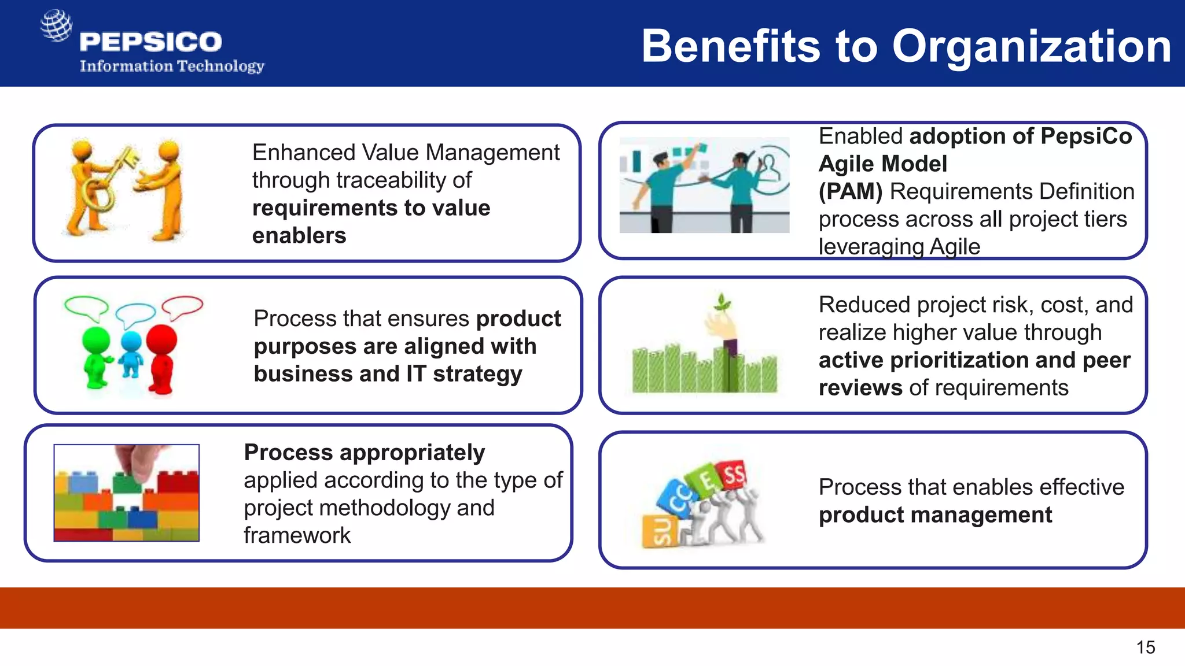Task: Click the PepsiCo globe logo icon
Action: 56,25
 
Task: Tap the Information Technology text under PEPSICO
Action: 172,66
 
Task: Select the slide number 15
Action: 1145,647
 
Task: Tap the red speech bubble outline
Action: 182,306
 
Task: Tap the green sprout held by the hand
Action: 722,302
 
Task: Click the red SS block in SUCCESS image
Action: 731,475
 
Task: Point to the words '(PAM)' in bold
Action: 850,191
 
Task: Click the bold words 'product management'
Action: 935,515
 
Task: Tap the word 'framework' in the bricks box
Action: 297,535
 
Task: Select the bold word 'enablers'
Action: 299,235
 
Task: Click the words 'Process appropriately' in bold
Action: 364,452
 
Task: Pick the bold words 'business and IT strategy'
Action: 388,374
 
